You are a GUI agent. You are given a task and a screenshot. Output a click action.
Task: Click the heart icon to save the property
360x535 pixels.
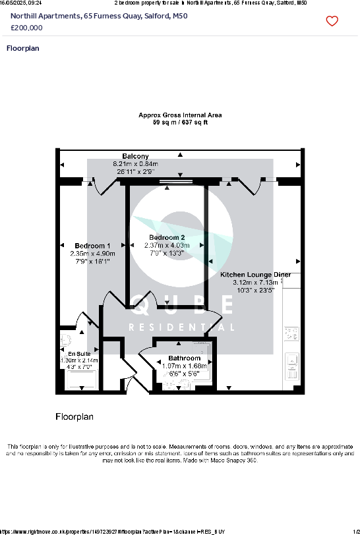point(332,21)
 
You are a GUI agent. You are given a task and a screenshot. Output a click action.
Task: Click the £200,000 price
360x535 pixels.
point(27,28)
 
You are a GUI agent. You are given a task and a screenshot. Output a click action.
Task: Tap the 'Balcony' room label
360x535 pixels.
point(135,156)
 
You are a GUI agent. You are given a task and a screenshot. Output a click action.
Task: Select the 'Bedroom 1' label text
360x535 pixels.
point(92,246)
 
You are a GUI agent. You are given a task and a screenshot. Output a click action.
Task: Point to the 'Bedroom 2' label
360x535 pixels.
point(167,238)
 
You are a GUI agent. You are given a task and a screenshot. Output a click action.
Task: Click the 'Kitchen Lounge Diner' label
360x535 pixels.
point(255,274)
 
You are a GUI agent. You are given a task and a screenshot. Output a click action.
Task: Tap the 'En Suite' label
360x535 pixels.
point(79,354)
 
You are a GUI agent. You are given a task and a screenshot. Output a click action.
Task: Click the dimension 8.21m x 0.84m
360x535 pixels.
point(135,163)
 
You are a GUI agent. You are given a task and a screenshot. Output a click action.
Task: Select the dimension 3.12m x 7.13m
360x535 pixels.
point(255,282)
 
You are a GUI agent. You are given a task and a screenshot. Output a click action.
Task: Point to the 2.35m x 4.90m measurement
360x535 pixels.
point(92,253)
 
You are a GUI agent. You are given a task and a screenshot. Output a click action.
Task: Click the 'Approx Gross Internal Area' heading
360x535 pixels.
point(180,115)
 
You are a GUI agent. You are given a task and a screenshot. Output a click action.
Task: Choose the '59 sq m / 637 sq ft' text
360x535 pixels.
point(180,123)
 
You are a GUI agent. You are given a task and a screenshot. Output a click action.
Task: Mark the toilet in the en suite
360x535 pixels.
point(65,341)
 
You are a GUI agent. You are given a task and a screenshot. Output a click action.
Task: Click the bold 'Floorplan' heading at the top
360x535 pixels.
point(22,48)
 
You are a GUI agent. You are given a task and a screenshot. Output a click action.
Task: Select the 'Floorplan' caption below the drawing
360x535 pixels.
point(75,416)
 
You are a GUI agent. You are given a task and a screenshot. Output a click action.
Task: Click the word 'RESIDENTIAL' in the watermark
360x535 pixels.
point(181,327)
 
